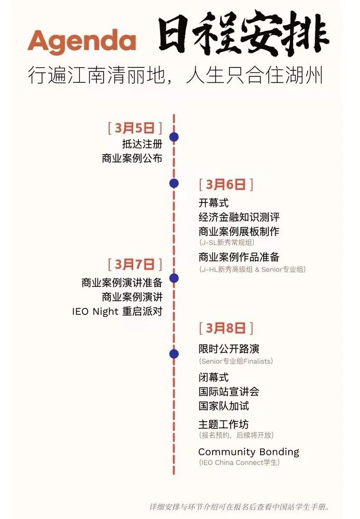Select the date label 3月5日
134,127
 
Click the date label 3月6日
225,184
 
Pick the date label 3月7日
134,264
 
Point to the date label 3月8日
225,328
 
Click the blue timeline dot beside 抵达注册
174,137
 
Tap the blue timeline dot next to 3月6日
174,183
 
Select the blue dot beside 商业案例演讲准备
174,278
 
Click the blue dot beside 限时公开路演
174,354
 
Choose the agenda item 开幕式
213,203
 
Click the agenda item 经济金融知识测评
239,217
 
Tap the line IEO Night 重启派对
117,312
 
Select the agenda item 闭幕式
213,377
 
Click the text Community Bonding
249,452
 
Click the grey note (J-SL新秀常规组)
226,242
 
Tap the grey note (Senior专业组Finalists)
236,361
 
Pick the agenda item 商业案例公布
132,159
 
